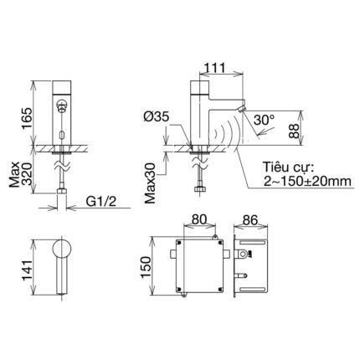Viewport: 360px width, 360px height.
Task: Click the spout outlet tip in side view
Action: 243,110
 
